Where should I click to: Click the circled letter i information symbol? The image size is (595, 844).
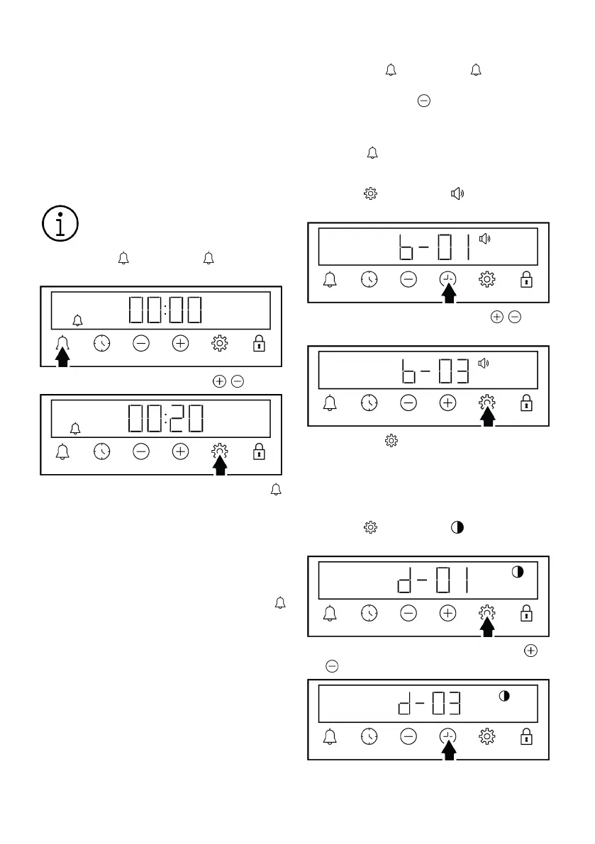(60, 224)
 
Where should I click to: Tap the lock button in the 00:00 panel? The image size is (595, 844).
(259, 344)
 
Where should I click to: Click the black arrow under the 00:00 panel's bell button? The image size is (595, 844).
(63, 358)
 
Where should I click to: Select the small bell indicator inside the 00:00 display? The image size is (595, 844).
(77, 320)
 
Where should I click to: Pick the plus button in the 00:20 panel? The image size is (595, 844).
(181, 452)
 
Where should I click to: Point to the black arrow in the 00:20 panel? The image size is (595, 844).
(220, 466)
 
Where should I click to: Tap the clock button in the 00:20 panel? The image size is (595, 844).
(102, 452)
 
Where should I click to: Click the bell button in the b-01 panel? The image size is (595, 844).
(330, 280)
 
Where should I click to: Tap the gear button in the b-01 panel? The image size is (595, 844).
(487, 280)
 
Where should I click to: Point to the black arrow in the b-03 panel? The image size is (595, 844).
(487, 416)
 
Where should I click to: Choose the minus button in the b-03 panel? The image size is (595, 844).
(408, 403)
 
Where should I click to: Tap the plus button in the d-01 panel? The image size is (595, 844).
(447, 614)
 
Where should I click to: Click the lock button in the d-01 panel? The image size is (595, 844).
(526, 614)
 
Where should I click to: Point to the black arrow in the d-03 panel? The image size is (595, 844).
(448, 750)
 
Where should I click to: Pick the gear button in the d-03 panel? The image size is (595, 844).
(487, 736)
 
